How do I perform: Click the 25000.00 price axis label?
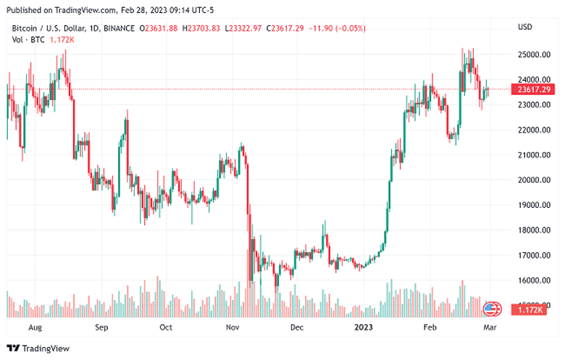point(532,54)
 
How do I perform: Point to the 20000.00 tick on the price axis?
point(532,180)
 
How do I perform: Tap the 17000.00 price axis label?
point(532,256)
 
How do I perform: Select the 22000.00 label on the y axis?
point(532,130)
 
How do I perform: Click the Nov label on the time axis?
point(233,327)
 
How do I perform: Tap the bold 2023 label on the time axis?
point(364,327)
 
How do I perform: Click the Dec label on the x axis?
point(296,327)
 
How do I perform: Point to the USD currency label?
point(525,28)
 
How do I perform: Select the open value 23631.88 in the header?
point(161,28)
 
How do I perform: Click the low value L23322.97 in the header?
point(244,28)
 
